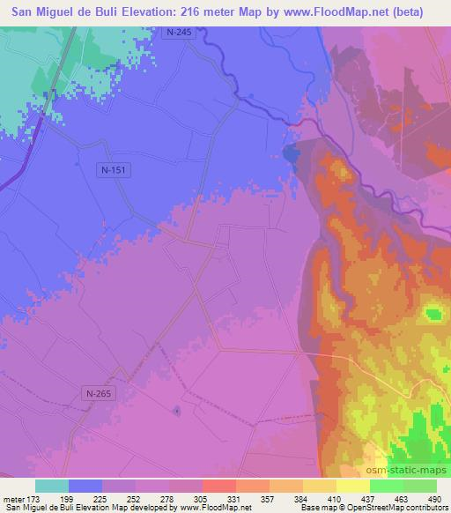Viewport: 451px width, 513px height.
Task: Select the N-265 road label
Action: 100,393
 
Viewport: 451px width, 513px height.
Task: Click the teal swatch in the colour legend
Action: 52,486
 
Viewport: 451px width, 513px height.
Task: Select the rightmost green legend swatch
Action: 420,486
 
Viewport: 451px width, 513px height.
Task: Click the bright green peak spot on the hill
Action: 433,314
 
